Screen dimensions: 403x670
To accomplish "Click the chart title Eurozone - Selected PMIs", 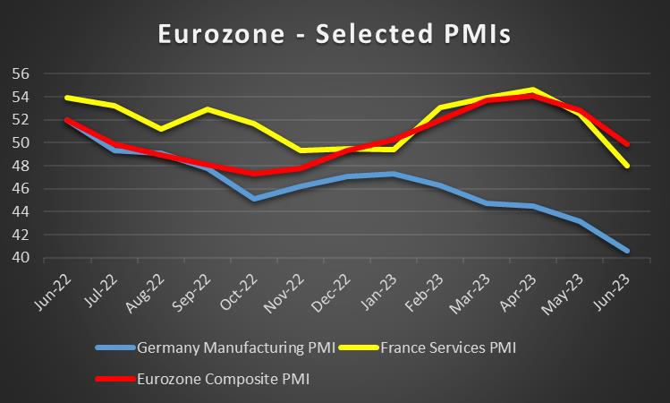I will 335,33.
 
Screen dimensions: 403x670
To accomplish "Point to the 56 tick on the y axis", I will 21,73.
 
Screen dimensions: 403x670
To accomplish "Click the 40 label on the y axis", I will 21,258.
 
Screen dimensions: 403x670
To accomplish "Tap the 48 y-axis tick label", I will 21,166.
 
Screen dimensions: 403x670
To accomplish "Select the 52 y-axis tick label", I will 21,119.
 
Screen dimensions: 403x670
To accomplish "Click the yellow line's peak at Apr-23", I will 532,90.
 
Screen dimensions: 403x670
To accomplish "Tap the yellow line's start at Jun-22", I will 67,98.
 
